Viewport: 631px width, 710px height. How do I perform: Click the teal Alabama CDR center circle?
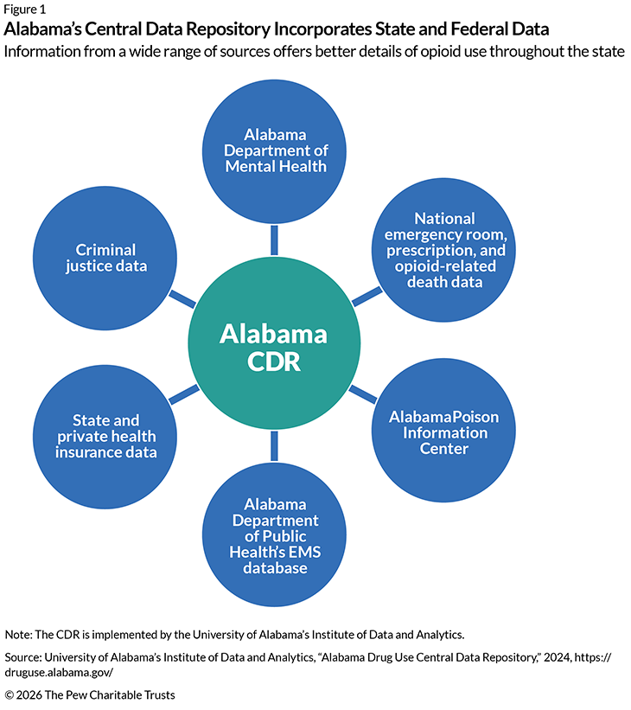click(x=273, y=347)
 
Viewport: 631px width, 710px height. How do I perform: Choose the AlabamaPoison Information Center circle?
click(x=443, y=432)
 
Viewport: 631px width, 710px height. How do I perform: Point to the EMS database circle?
click(x=274, y=536)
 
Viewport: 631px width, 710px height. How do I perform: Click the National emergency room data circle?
click(x=443, y=250)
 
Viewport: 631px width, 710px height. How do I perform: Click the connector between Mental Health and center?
click(x=274, y=238)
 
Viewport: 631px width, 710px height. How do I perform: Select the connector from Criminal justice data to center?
click(x=182, y=298)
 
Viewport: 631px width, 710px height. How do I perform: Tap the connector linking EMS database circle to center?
click(x=274, y=445)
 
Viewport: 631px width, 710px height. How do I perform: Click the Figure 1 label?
click(x=25, y=10)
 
